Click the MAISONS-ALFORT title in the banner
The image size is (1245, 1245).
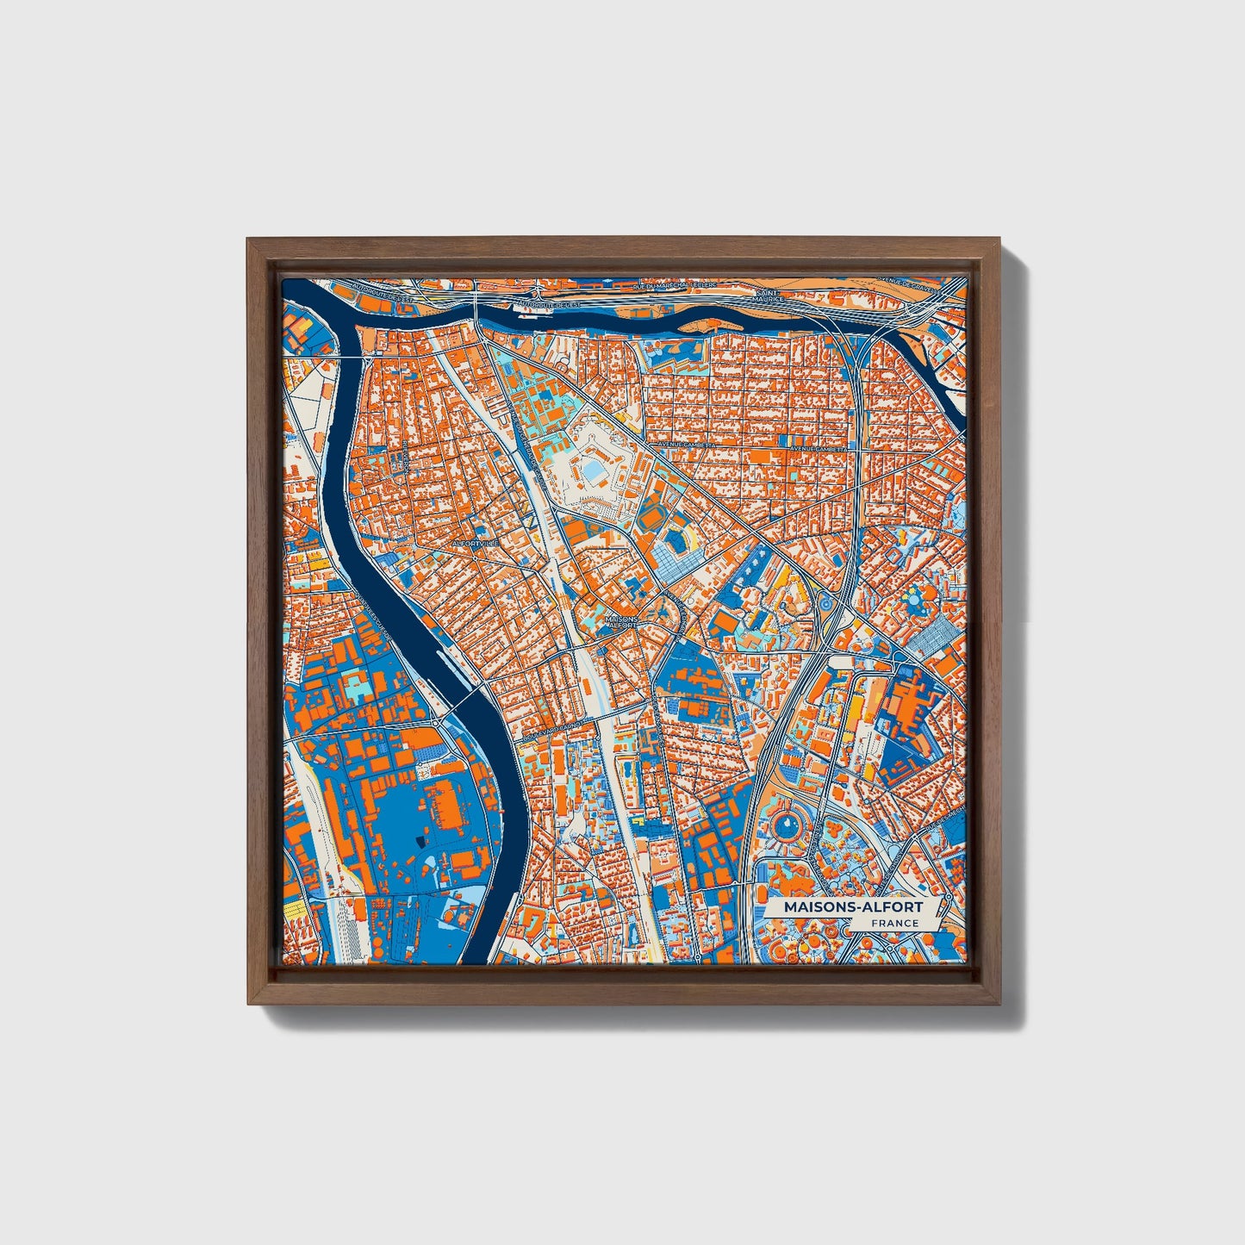coord(852,906)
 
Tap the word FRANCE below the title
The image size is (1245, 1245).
coord(893,924)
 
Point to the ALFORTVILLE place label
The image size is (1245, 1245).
coord(475,545)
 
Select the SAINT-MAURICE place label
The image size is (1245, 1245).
coord(769,296)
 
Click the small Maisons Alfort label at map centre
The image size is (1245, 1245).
coord(621,621)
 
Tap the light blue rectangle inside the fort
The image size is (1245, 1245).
coord(594,471)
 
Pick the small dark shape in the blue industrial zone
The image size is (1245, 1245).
coord(420,841)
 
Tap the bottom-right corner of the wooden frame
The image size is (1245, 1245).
coord(1000,1004)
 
